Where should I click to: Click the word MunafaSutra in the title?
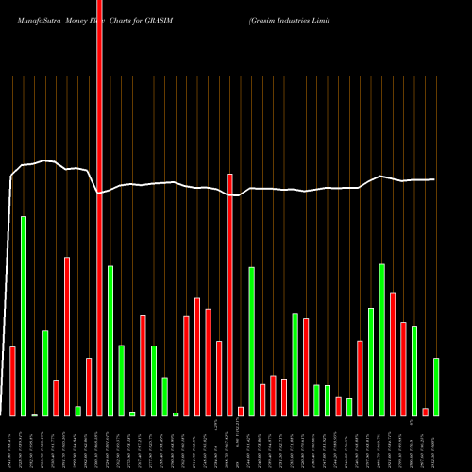tap(34, 19)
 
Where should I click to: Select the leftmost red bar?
tap(13, 380)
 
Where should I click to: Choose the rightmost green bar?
tap(436, 386)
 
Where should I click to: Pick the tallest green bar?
tap(24, 315)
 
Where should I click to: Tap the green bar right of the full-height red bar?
tap(110, 340)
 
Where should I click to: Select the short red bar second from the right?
tap(425, 411)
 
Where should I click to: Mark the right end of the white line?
tap(435, 179)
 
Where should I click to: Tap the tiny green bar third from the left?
tap(35, 414)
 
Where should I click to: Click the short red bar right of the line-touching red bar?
tap(241, 411)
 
